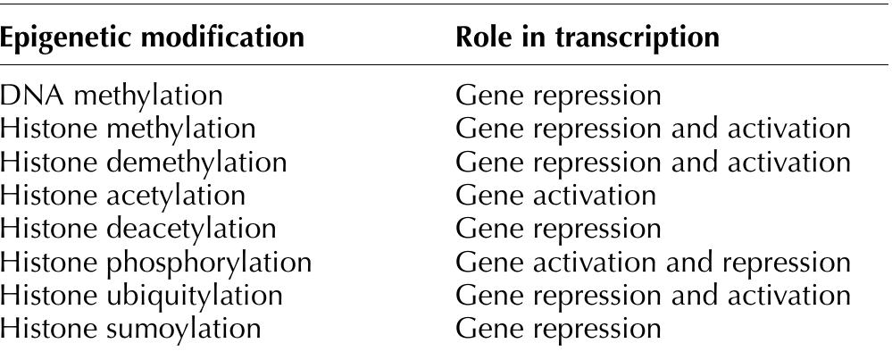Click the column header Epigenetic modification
(x=152, y=38)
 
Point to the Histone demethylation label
(x=144, y=163)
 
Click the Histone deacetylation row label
(x=138, y=229)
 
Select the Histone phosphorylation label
(x=156, y=262)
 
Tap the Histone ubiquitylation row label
(x=142, y=295)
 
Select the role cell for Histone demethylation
(x=653, y=163)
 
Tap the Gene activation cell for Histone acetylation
(x=555, y=196)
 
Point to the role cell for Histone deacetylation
(x=558, y=229)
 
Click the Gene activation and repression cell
(x=653, y=262)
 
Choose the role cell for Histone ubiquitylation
(x=653, y=295)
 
